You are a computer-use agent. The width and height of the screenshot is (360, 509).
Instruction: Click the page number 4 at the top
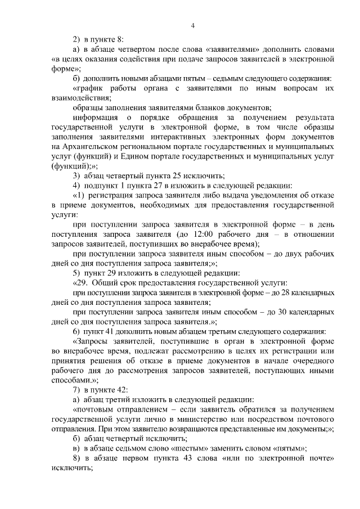pyautogui.click(x=193, y=25)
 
